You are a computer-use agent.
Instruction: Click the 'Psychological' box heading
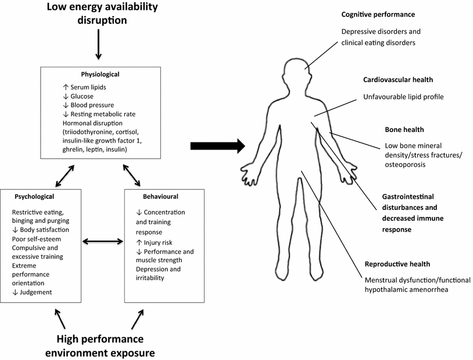click(x=34, y=197)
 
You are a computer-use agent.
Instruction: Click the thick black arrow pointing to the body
click(x=218, y=147)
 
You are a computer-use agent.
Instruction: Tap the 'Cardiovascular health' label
click(x=398, y=80)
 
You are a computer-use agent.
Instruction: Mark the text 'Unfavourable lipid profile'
click(x=403, y=97)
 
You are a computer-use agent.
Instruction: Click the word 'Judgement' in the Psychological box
click(x=35, y=292)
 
